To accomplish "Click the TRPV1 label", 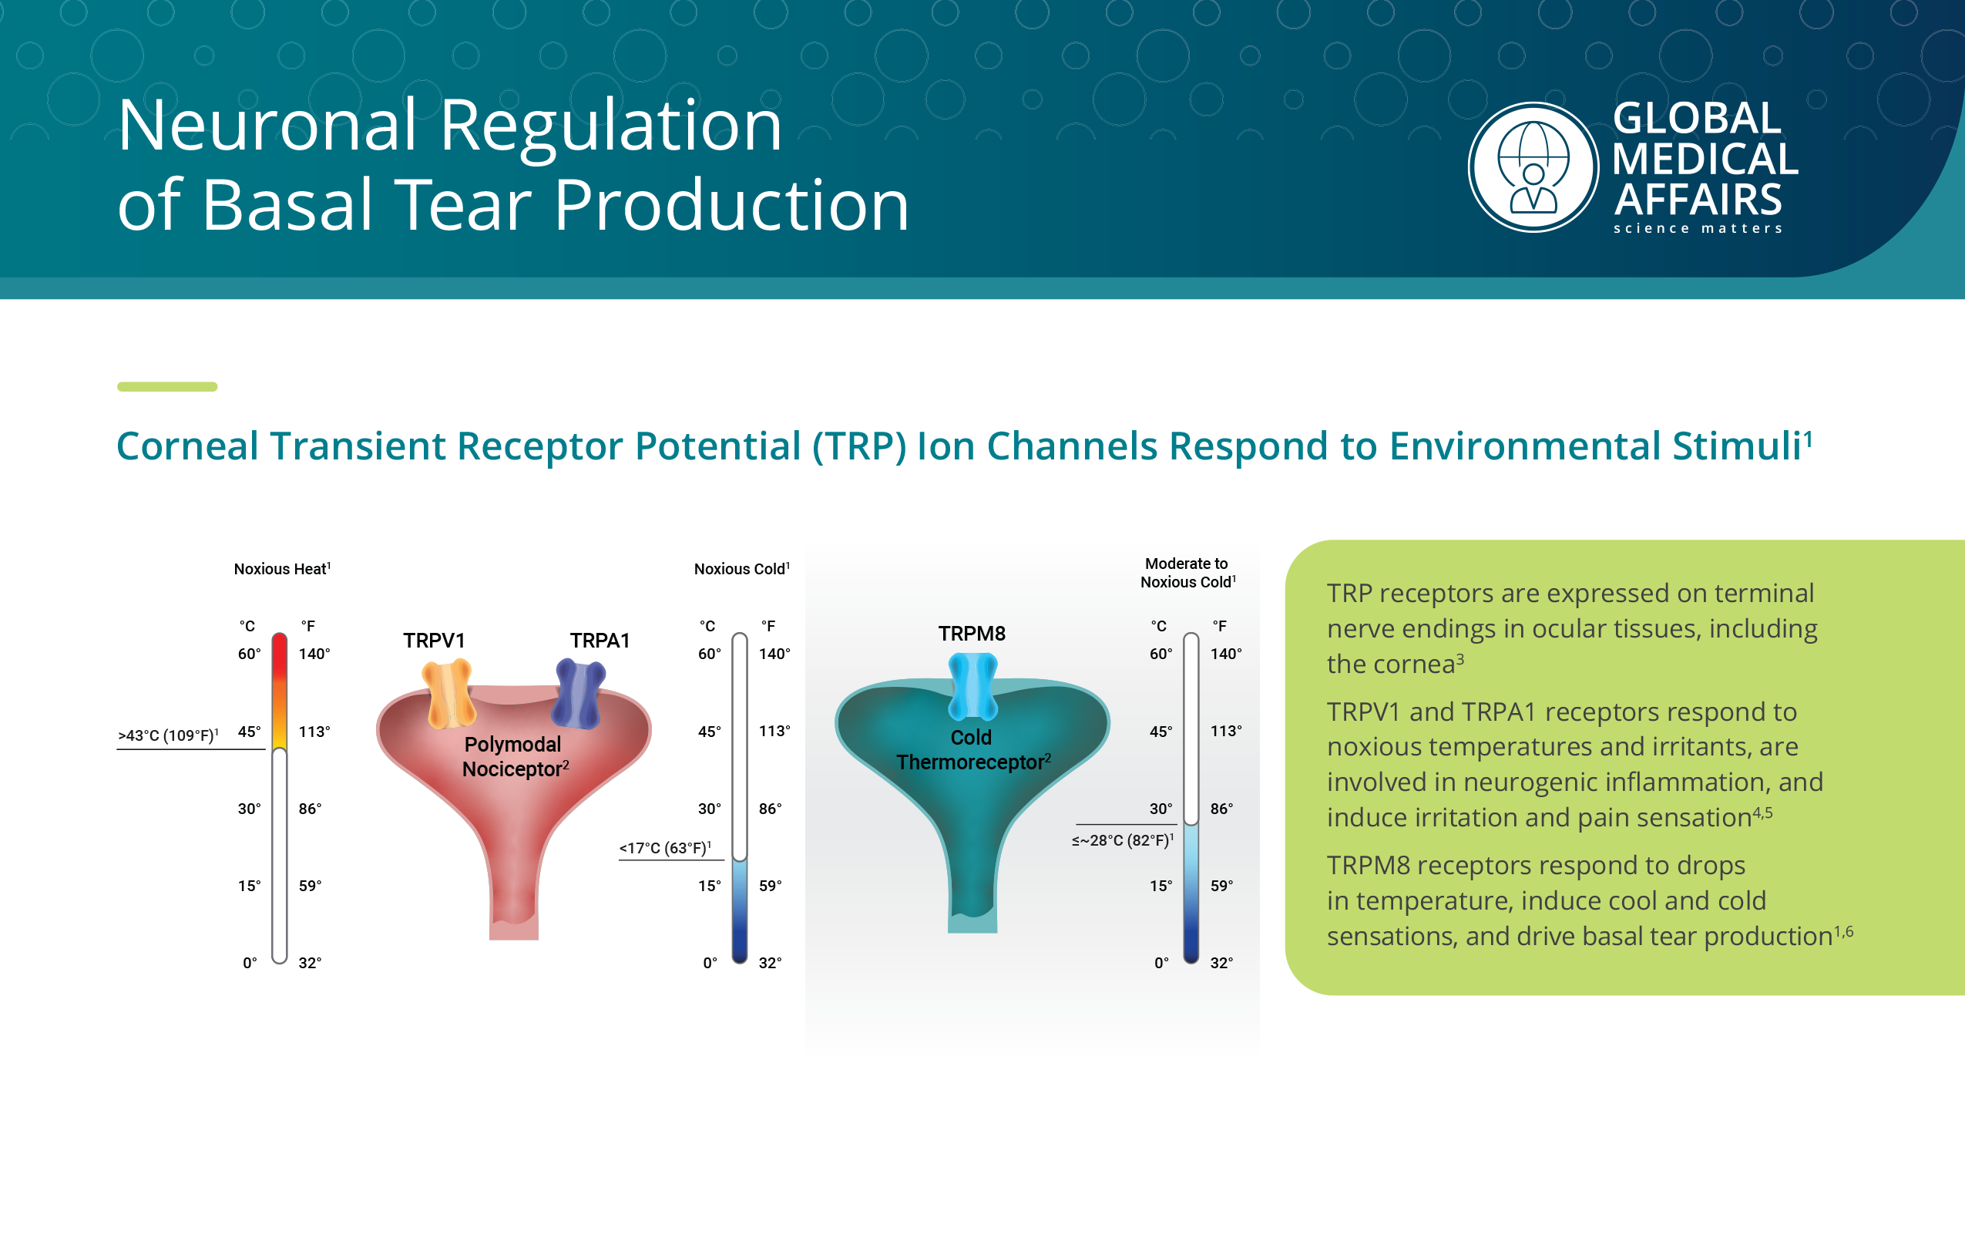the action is click(x=434, y=640).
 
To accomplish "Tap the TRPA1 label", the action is click(x=600, y=640).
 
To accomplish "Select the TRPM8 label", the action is click(x=972, y=634).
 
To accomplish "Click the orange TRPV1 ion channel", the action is click(x=448, y=693).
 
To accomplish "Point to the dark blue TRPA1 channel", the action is click(x=579, y=694).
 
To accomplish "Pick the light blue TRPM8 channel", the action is click(x=972, y=686).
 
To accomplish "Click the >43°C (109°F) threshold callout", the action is click(x=168, y=735).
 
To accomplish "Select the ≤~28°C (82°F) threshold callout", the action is click(x=1123, y=840).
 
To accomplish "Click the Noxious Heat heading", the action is click(x=282, y=569).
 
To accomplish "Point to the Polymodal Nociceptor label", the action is click(x=514, y=757).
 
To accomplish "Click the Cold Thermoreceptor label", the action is click(x=972, y=749).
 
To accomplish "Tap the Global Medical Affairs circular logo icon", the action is click(x=1533, y=167).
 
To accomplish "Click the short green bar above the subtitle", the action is click(x=167, y=386).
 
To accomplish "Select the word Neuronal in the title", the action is click(x=268, y=126).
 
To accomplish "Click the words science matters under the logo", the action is click(x=1698, y=229).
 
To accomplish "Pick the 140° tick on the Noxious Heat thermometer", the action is click(x=314, y=654).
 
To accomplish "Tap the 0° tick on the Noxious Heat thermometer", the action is click(x=250, y=964).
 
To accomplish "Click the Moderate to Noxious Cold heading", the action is click(x=1187, y=573).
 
